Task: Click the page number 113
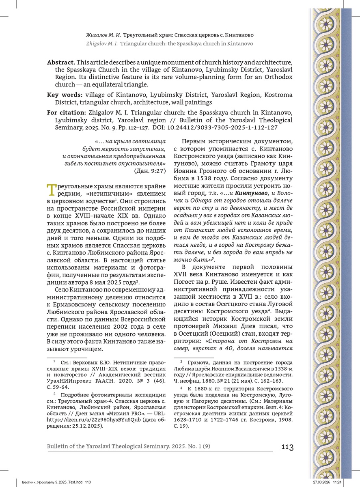[x=287, y=447]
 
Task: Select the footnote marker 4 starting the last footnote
[x=181, y=388]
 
